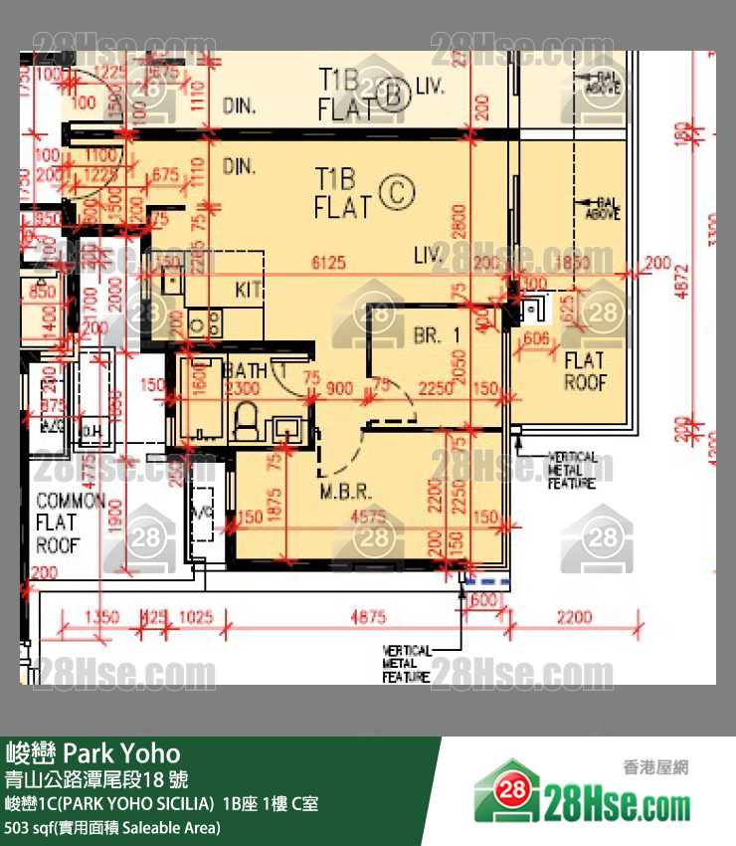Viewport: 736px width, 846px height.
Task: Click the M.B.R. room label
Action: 345,492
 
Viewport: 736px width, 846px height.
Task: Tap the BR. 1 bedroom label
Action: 438,336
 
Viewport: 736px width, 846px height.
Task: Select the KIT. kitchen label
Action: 249,290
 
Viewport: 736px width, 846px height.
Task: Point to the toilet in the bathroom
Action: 245,423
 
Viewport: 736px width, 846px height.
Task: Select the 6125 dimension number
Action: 327,262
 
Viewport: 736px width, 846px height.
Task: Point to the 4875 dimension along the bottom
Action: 367,617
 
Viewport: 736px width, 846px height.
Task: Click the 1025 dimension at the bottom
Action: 196,617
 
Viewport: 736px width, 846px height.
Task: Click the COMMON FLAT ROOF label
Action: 71,522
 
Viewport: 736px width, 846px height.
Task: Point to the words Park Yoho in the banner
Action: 122,751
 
